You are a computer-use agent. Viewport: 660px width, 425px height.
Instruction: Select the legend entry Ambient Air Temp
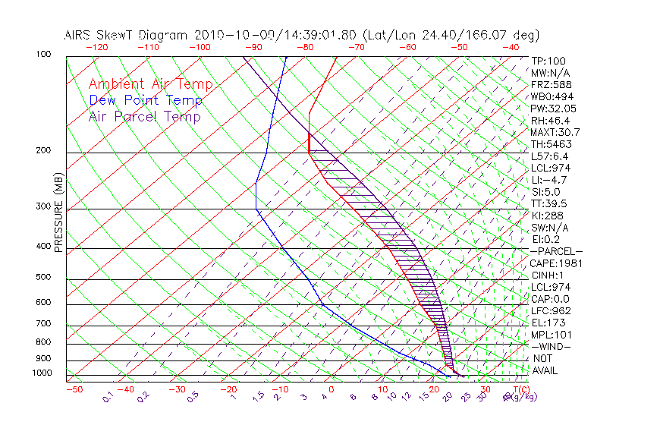pyautogui.click(x=150, y=84)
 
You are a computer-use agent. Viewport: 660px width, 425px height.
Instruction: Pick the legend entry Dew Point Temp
pyautogui.click(x=146, y=100)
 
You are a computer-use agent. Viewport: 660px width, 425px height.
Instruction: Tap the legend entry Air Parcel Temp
pyautogui.click(x=145, y=116)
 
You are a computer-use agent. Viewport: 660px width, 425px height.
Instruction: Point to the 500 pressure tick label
pyautogui.click(x=43, y=278)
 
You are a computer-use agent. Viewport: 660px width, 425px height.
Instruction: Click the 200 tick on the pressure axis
pyautogui.click(x=43, y=151)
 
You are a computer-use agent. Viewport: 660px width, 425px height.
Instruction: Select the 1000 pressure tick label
pyautogui.click(x=41, y=373)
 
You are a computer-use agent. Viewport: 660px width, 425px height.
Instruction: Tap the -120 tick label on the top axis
pyautogui.click(x=96, y=47)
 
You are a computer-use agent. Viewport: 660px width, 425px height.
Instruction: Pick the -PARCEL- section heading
pyautogui.click(x=557, y=251)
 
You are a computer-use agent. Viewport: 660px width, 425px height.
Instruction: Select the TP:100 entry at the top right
pyautogui.click(x=548, y=61)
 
